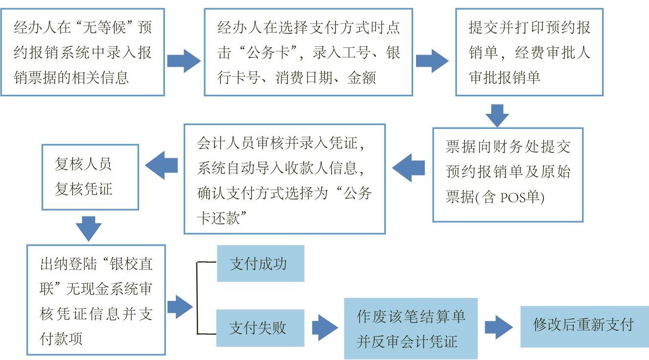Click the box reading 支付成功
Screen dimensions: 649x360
point(260,263)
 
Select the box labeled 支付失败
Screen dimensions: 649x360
point(260,328)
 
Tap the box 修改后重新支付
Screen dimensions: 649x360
point(585,327)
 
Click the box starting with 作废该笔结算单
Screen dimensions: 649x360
point(411,328)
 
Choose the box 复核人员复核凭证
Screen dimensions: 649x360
point(90,177)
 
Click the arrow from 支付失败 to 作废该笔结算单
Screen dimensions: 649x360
point(325,328)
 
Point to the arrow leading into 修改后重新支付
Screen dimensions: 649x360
point(499,327)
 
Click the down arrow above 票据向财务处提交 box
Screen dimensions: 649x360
point(497,116)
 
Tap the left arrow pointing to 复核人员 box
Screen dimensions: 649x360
point(161,165)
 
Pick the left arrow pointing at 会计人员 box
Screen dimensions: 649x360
point(409,168)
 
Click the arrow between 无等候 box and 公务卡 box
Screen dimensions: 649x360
point(184,61)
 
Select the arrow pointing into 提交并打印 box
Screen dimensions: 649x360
point(432,61)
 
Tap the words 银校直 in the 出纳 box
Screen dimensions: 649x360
point(131,264)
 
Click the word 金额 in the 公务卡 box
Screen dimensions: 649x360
point(361,78)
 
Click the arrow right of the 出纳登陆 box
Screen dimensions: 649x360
point(180,307)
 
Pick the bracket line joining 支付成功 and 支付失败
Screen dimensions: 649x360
point(197,298)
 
